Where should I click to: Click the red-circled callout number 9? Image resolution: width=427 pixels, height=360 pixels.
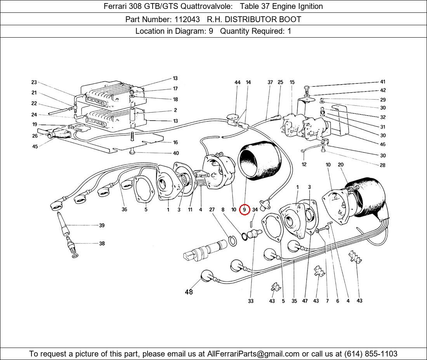coord(244,210)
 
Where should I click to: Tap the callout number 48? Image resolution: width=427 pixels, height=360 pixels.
coord(189,292)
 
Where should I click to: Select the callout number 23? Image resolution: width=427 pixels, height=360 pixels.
coord(34,82)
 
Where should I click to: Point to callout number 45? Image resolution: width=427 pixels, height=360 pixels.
coord(35,147)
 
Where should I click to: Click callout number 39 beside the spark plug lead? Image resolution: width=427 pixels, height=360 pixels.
coord(102,225)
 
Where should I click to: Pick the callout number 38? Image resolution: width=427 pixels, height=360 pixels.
coord(102,244)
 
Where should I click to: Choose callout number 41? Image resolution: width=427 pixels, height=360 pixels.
coord(383,82)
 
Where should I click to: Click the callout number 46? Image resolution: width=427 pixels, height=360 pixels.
coord(383,145)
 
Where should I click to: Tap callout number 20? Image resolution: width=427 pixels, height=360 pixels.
coord(341,165)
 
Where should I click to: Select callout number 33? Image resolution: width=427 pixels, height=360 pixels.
coord(251,301)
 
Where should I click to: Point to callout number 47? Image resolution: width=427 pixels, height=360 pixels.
coord(305,301)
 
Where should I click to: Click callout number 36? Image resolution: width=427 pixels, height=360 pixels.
coord(124,210)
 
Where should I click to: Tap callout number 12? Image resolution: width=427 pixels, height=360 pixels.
coord(304,164)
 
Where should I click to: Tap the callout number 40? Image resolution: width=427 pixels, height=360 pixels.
coord(175,153)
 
